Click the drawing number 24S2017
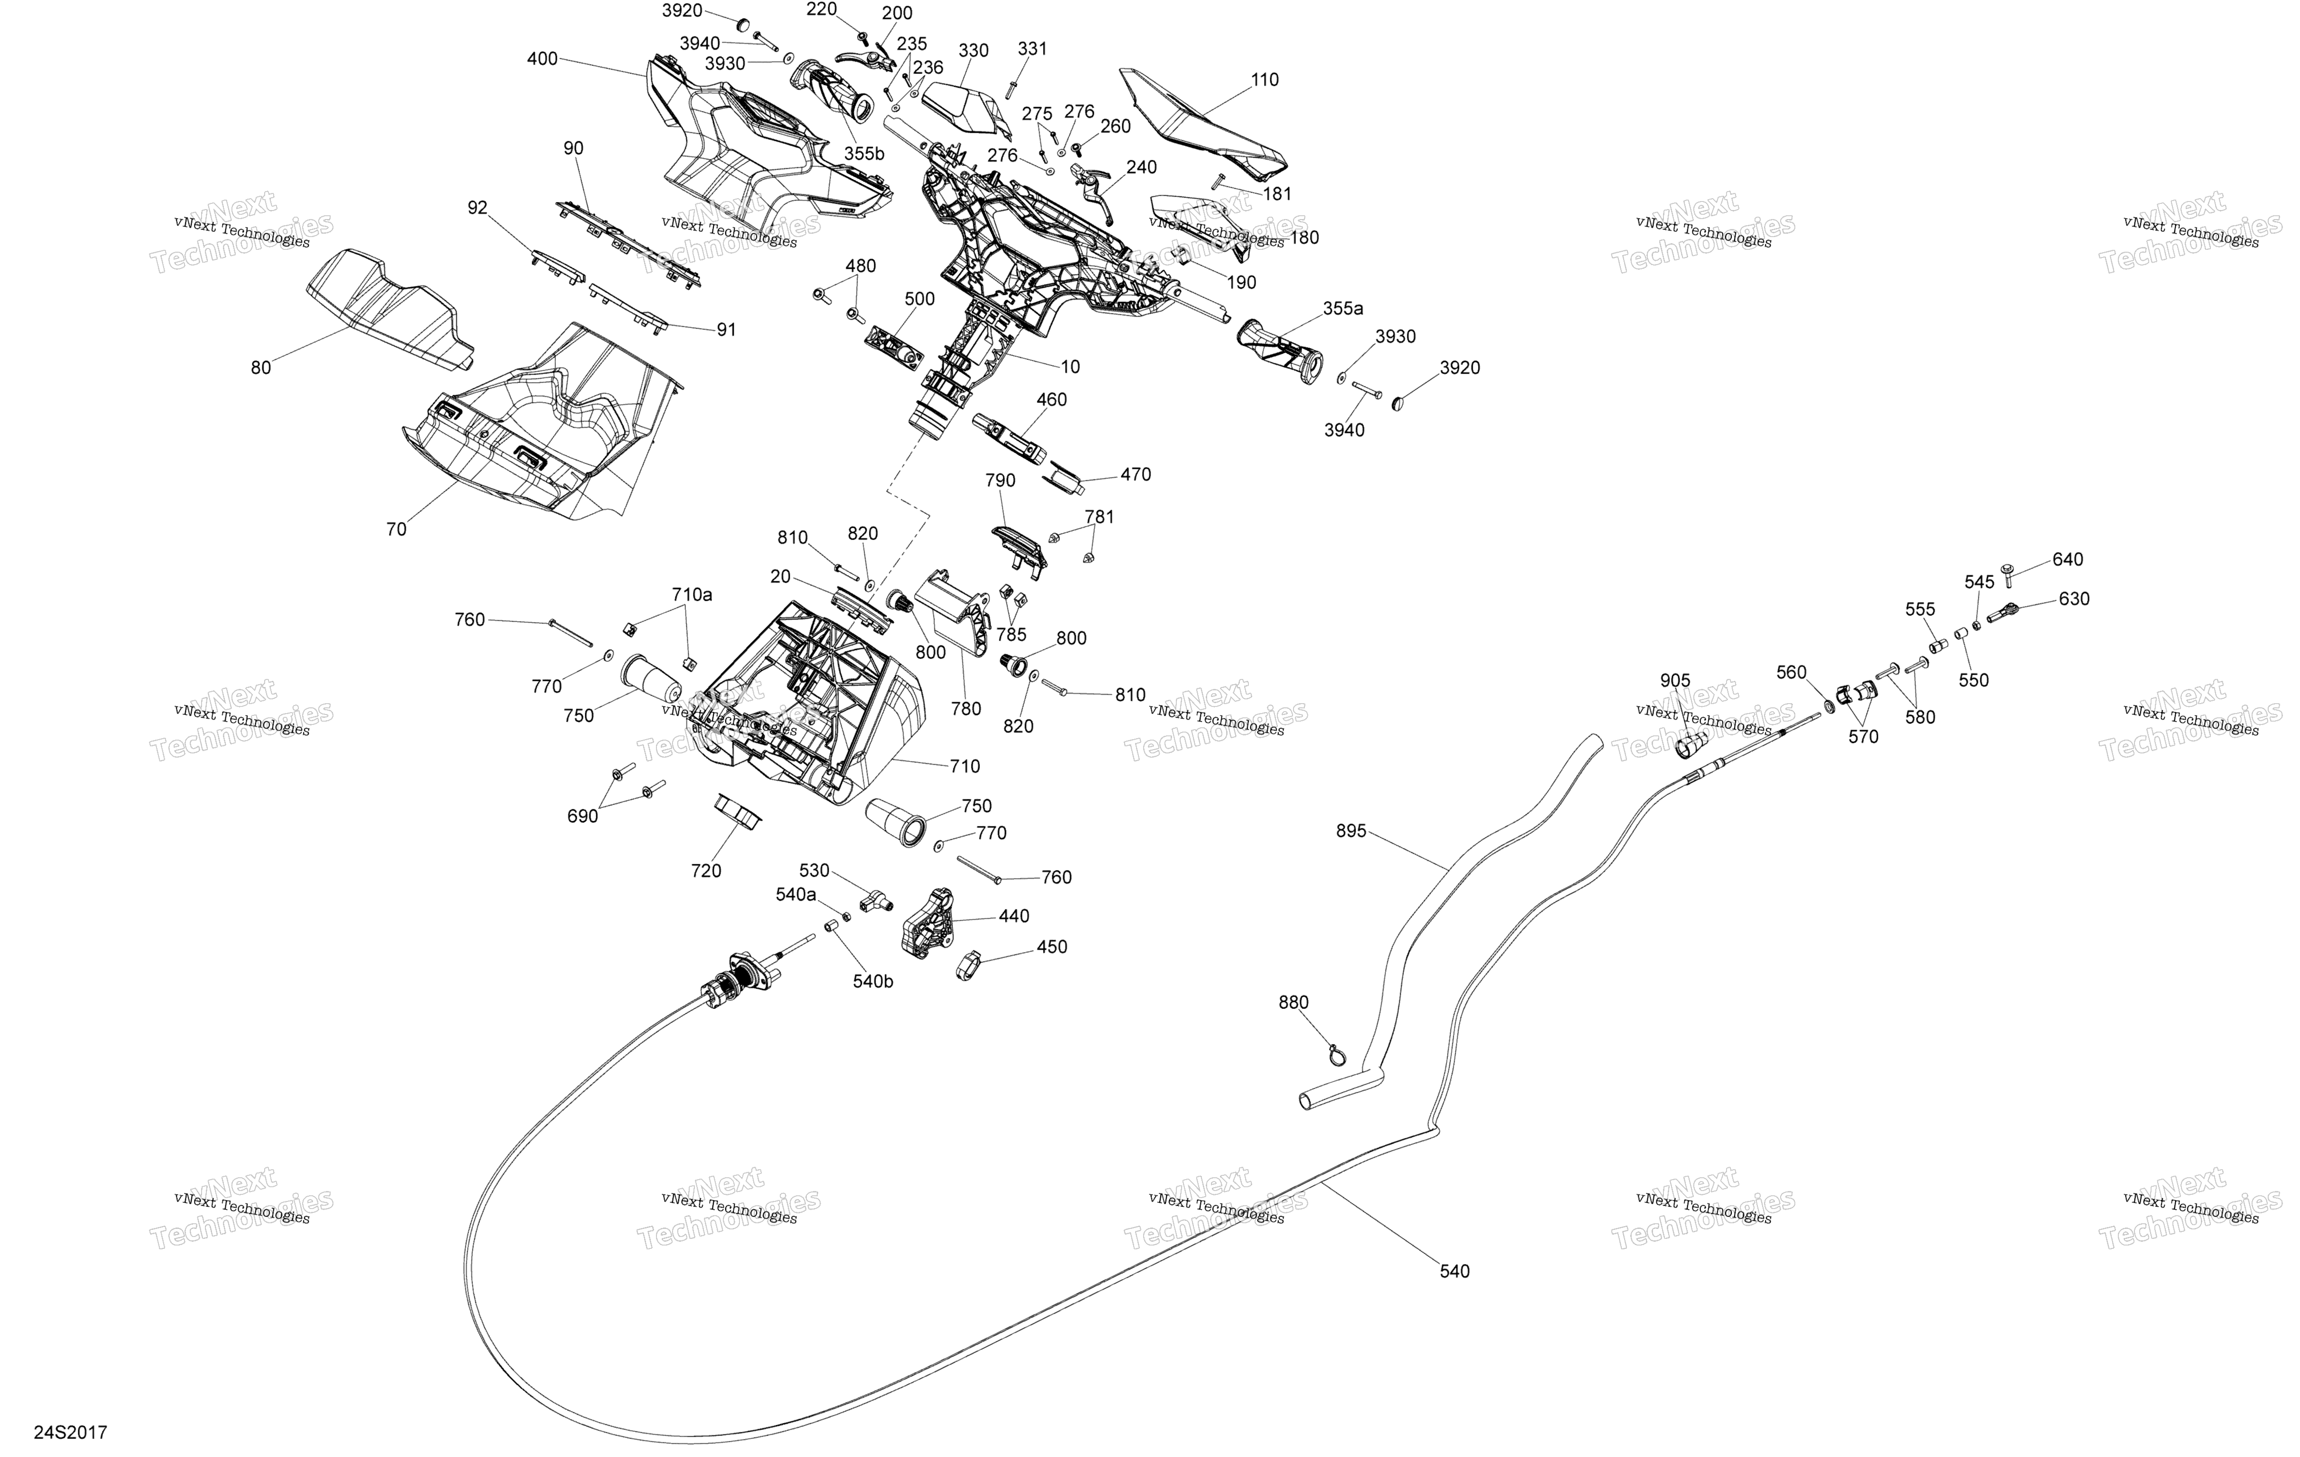pyautogui.click(x=71, y=1432)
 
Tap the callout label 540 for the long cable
pyautogui.click(x=1455, y=1271)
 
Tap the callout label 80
pyautogui.click(x=261, y=367)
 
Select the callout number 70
pyautogui.click(x=396, y=529)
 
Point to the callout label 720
pyautogui.click(x=706, y=871)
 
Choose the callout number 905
pyautogui.click(x=1674, y=681)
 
